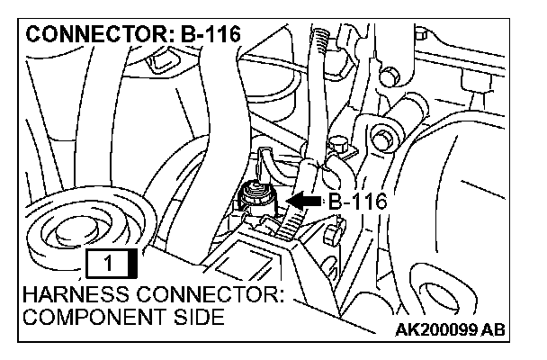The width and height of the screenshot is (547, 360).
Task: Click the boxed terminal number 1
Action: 107,264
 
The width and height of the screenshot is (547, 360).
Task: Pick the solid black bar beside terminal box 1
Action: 133,264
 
